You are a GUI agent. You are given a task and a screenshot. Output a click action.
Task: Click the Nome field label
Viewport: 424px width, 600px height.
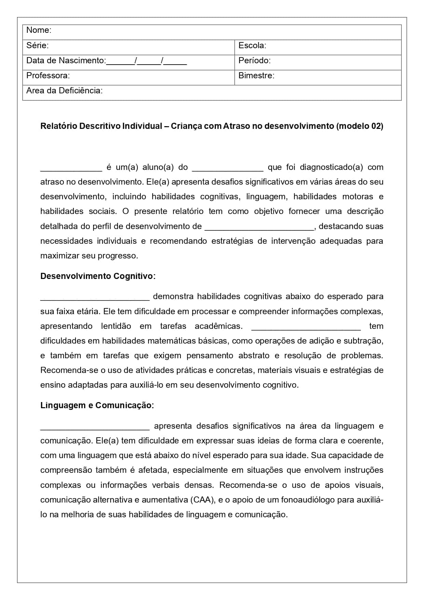pos(39,30)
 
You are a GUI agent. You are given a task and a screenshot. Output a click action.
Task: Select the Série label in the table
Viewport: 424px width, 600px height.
pos(37,45)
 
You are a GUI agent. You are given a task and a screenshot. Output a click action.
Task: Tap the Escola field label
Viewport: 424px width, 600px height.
pos(252,45)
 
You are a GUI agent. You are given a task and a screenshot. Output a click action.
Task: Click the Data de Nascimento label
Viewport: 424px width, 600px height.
pos(66,61)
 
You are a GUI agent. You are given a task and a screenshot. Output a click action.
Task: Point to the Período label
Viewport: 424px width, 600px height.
pos(254,61)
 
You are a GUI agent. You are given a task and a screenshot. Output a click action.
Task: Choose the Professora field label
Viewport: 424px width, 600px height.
pos(48,75)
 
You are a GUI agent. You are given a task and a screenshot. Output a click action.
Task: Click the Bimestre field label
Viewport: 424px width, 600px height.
pos(256,75)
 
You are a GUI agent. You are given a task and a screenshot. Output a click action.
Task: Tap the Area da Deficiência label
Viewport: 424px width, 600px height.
pos(64,91)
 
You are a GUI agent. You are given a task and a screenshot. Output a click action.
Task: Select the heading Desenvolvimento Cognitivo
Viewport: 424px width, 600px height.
pos(98,276)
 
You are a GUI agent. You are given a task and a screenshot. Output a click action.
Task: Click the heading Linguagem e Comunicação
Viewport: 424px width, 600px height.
pos(97,405)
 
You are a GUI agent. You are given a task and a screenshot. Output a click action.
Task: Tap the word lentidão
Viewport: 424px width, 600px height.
pos(116,326)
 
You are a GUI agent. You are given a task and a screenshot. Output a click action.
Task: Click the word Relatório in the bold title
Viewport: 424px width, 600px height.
pos(58,126)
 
